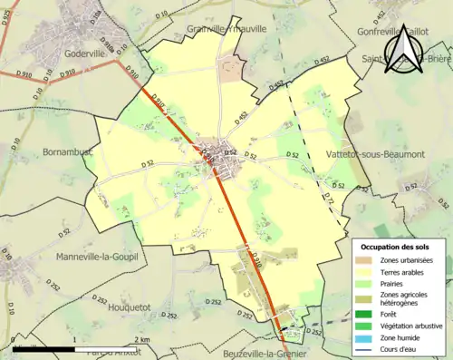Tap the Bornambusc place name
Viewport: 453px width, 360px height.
pos(66,152)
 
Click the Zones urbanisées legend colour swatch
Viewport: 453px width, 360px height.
pos(365,260)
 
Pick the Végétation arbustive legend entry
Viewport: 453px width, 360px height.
pos(412,325)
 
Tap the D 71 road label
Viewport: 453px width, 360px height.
pos(329,199)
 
